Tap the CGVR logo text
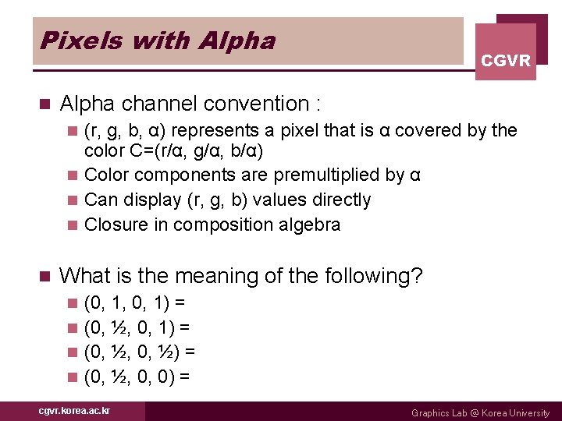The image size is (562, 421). (x=506, y=60)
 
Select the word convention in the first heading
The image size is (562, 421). (x=257, y=104)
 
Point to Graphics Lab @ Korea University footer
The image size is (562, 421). (x=480, y=413)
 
